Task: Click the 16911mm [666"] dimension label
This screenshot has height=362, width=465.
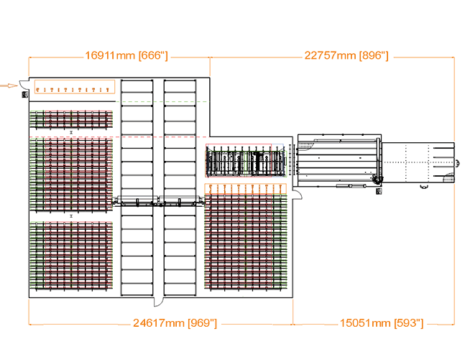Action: pos(126,55)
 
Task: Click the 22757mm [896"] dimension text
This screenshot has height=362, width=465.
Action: pos(346,55)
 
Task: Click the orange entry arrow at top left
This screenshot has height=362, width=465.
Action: pos(8,85)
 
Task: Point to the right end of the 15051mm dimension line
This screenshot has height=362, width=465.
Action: pos(454,323)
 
